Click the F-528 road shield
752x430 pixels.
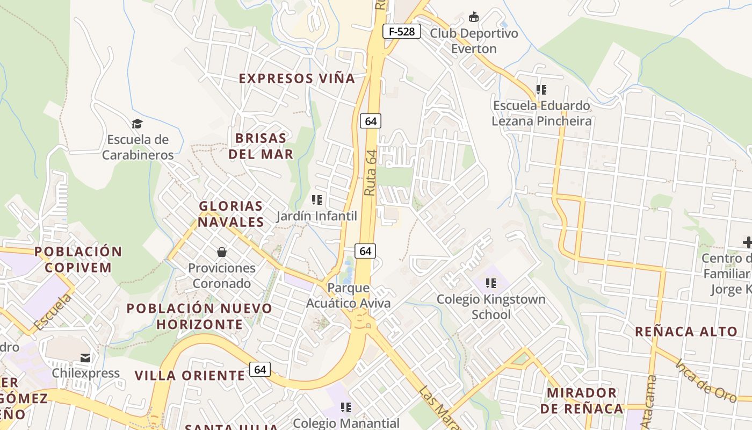point(402,31)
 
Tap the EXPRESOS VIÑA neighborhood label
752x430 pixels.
point(297,78)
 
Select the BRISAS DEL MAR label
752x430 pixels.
point(262,146)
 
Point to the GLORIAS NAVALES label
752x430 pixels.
point(231,214)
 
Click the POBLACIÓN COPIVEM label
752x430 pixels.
point(78,259)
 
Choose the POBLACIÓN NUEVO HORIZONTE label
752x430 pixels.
point(200,316)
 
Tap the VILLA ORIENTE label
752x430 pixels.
point(190,375)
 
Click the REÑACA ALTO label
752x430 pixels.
point(686,331)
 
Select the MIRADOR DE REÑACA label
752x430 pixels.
point(582,400)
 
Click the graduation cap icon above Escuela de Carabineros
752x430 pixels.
point(138,124)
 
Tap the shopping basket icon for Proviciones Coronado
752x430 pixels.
point(221,252)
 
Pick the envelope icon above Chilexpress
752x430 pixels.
point(85,357)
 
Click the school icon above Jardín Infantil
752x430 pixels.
point(317,200)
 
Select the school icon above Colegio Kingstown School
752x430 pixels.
point(490,283)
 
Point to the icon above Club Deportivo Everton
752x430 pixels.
point(474,17)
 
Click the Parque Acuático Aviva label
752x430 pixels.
point(348,295)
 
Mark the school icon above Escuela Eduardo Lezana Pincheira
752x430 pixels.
point(541,89)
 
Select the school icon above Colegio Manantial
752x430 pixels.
point(346,407)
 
